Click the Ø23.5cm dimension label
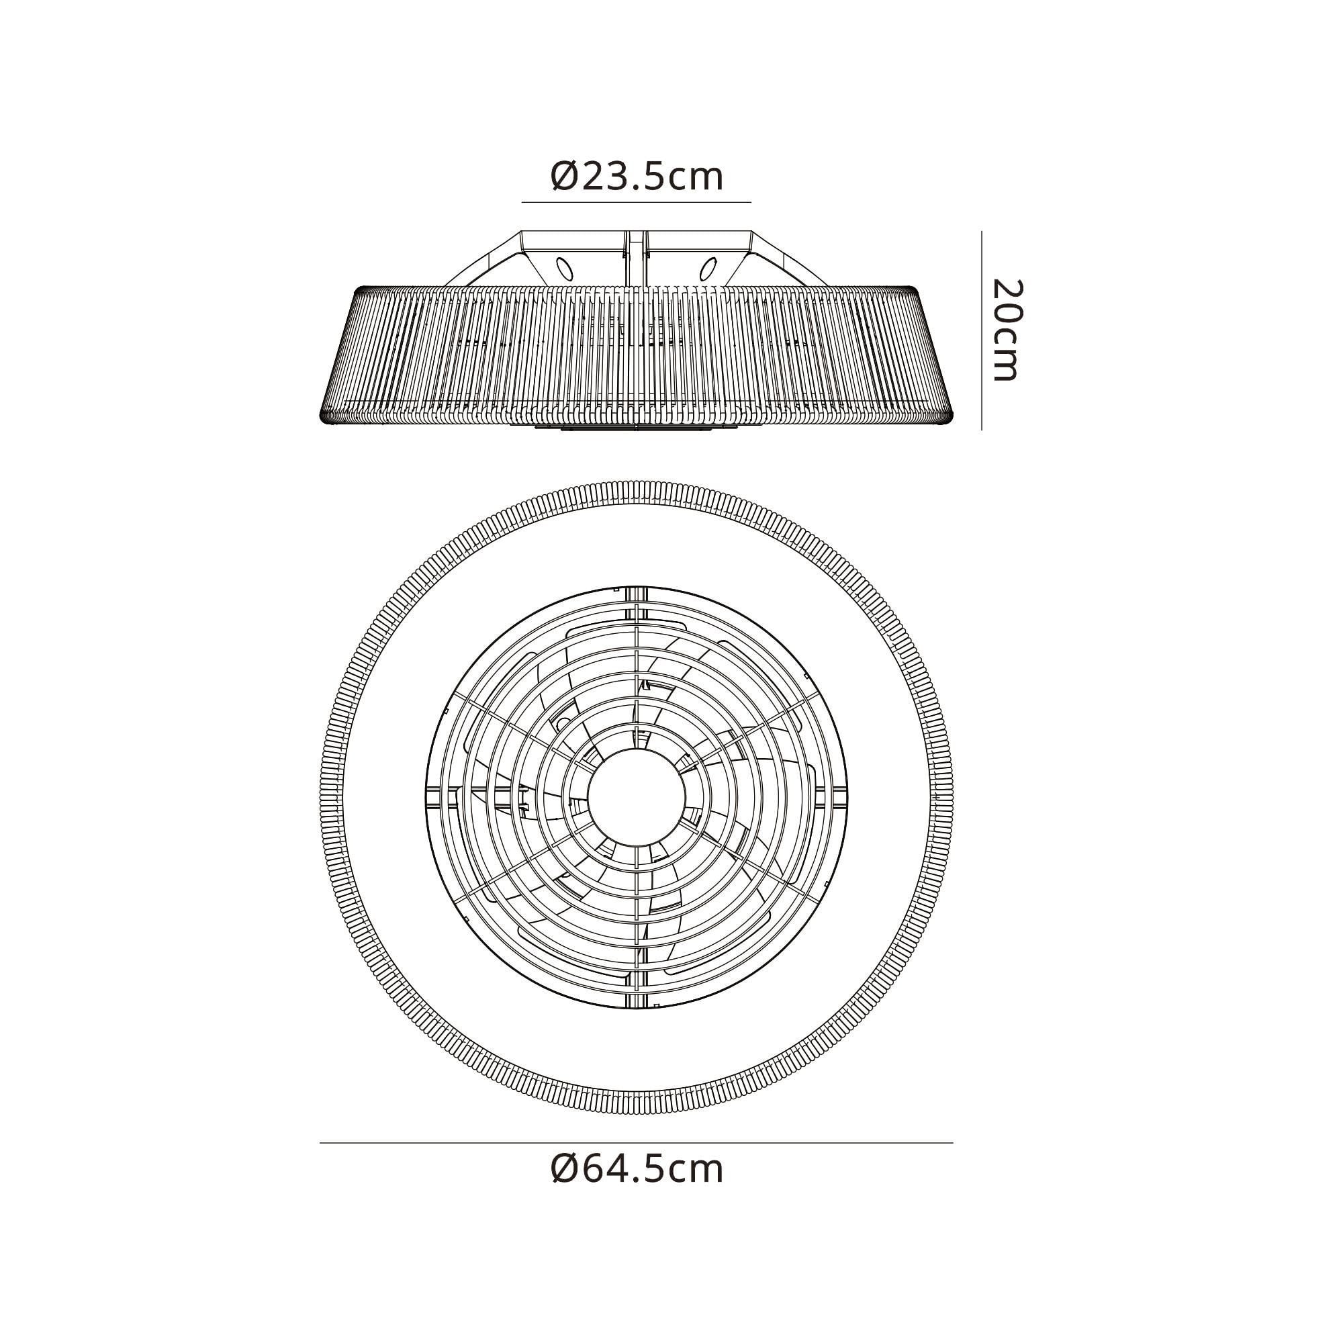[x=637, y=177]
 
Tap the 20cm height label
[x=1006, y=330]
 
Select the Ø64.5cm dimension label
[x=637, y=1170]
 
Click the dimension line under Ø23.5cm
[x=637, y=202]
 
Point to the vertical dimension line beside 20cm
[x=982, y=330]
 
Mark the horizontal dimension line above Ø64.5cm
[x=637, y=1143]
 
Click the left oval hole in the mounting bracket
[x=565, y=268]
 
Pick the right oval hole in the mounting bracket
[x=708, y=268]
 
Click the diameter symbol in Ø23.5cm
[x=564, y=178]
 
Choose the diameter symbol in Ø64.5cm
[x=564, y=1170]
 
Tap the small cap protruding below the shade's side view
[x=637, y=429]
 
